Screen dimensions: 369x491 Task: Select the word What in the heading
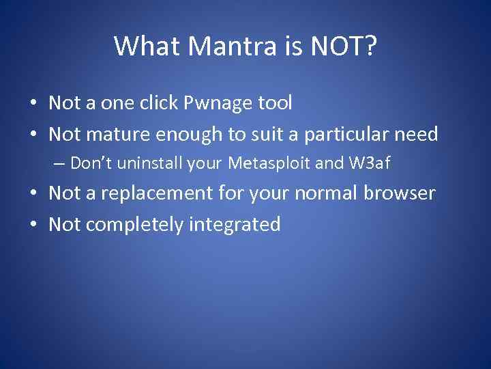tap(145, 46)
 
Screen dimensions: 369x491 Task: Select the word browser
tap(399, 193)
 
